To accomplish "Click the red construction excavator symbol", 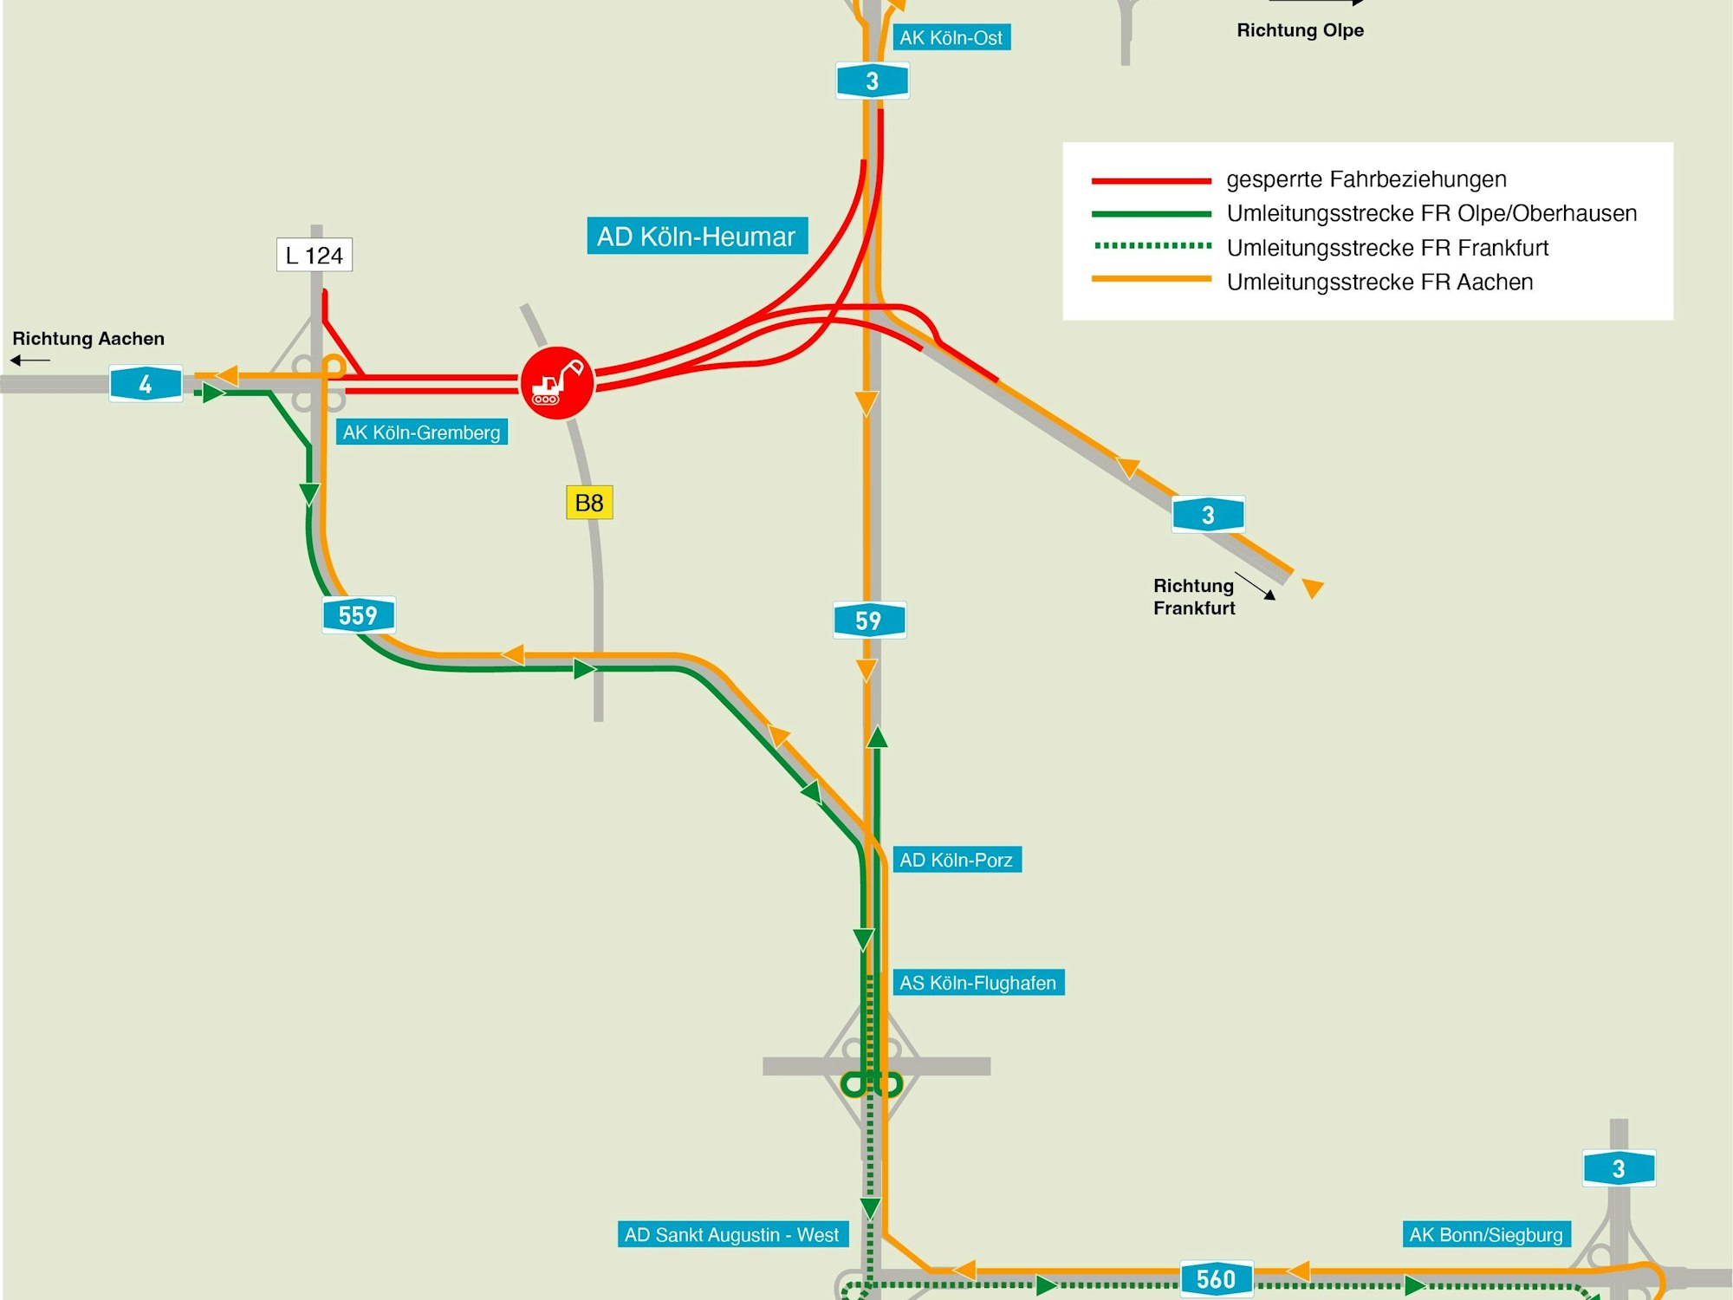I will coord(556,382).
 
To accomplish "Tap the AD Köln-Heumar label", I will coord(697,236).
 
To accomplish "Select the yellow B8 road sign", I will coord(589,503).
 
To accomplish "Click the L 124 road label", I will coord(314,255).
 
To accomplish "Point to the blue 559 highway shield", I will coord(358,615).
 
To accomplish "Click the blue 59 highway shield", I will coord(869,621).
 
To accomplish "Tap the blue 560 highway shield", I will coord(1216,1279).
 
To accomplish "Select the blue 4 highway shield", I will coord(146,383).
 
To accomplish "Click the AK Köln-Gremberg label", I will coord(421,432).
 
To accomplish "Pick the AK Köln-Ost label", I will coord(951,37).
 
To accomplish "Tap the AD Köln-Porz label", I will coord(956,860).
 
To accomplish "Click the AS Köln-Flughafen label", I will coord(977,983).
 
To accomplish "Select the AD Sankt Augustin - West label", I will coord(732,1234).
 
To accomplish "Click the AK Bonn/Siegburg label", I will coord(1486,1234).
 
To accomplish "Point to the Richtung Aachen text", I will coord(88,339).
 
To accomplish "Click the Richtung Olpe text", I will coord(1300,30).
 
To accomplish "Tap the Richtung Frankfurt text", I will coord(1194,596).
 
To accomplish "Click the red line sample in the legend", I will coord(1151,180).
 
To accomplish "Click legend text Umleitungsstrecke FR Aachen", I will coord(1379,282).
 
